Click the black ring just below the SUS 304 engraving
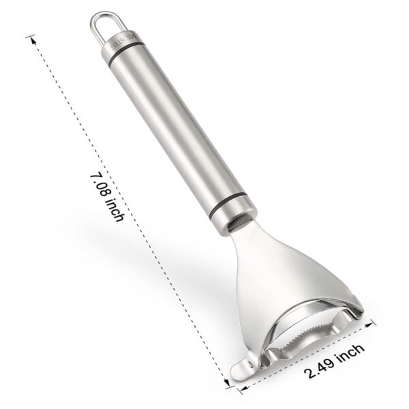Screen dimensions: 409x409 (126, 55)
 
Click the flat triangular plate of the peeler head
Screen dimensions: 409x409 (286, 273)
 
